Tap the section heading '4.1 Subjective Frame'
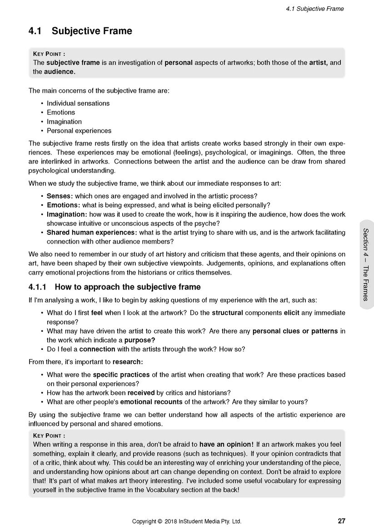[80, 31]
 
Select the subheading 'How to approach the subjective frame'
[127, 287]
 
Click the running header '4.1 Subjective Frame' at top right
[315, 9]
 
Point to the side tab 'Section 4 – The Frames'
[366, 264]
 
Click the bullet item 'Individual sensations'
[78, 103]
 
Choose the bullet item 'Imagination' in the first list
[64, 122]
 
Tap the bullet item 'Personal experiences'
[79, 131]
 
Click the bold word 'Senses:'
[60, 196]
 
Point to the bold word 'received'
[141, 393]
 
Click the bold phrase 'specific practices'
[121, 375]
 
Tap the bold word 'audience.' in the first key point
[60, 72]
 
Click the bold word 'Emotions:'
[63, 205]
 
